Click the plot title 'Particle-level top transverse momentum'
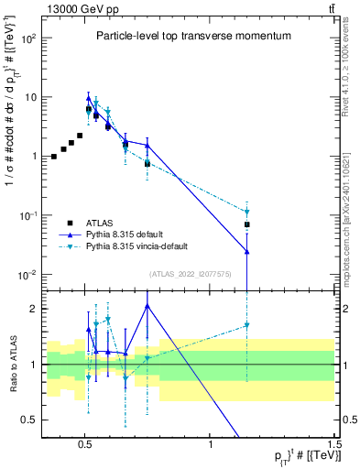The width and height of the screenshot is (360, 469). click(193, 36)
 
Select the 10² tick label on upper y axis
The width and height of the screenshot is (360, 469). click(28, 38)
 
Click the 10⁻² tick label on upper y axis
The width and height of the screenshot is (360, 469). click(27, 275)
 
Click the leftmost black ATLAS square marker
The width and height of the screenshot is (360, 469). click(54, 157)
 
